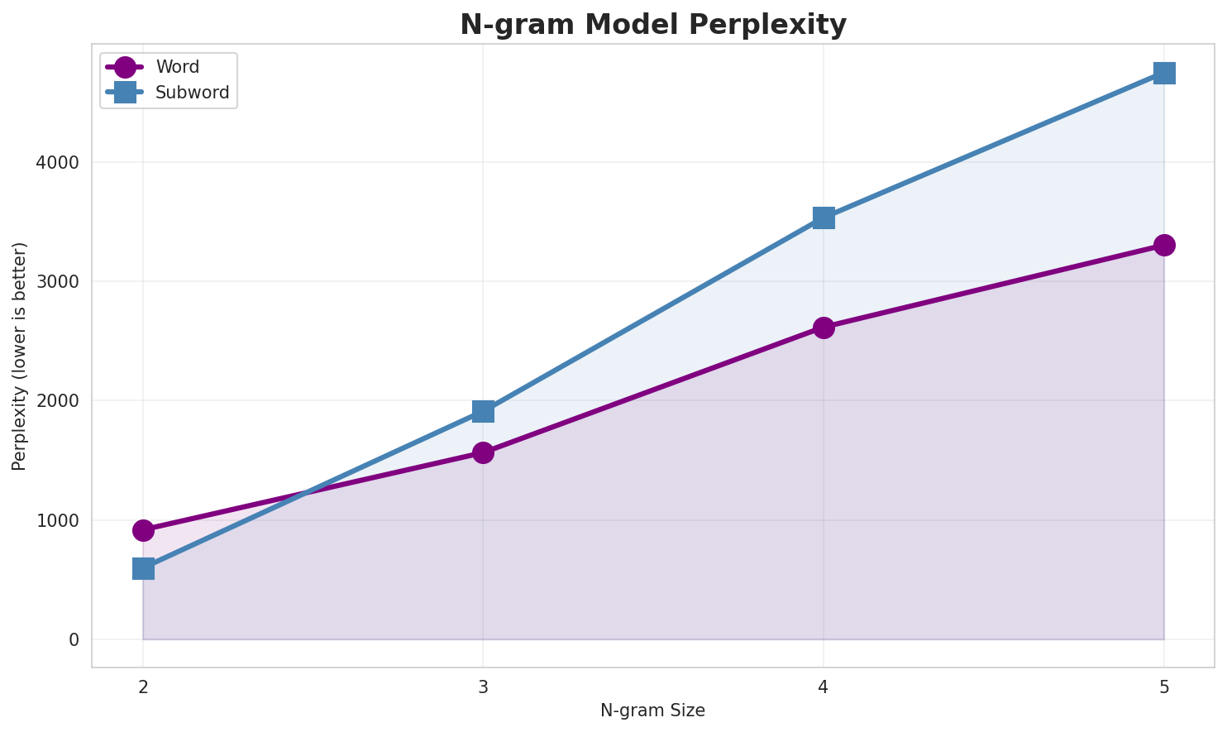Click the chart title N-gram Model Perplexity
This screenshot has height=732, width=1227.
(x=653, y=25)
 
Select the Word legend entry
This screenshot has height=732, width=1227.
(x=177, y=67)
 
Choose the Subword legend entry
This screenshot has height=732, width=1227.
(x=192, y=93)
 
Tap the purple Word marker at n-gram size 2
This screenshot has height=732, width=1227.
(x=143, y=530)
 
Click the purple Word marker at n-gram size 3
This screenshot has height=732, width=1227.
(x=483, y=452)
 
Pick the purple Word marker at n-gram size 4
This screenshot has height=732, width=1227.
(x=824, y=328)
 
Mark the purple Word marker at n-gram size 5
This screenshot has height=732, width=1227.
(x=1164, y=245)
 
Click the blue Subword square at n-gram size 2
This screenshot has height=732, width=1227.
(x=143, y=569)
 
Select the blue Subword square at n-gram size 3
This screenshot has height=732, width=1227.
(x=483, y=411)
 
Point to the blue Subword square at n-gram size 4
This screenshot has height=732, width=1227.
(x=824, y=218)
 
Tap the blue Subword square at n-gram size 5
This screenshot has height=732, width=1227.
(x=1164, y=73)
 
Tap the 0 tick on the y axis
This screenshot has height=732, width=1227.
(x=74, y=639)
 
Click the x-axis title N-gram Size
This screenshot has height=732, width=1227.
(x=652, y=710)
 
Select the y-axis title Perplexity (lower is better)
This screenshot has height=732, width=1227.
(x=20, y=356)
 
